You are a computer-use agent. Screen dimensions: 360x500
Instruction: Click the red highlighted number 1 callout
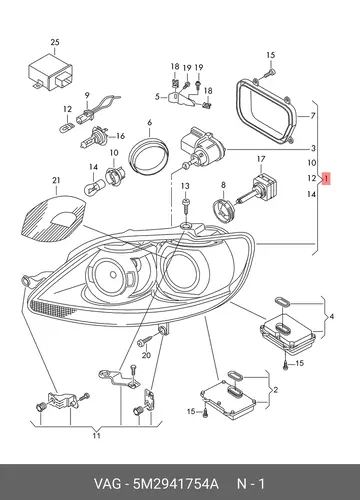pyautogui.click(x=326, y=179)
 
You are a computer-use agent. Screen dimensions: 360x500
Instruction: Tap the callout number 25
pyautogui.click(x=55, y=42)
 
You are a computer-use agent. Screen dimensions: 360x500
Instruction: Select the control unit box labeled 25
pyautogui.click(x=50, y=73)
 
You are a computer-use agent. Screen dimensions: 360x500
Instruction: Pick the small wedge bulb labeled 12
pyautogui.click(x=66, y=127)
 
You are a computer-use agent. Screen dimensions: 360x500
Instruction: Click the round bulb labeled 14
pyautogui.click(x=94, y=185)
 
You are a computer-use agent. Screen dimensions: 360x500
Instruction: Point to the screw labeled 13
pyautogui.click(x=185, y=206)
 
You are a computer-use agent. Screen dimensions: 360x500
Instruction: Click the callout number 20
pyautogui.click(x=146, y=355)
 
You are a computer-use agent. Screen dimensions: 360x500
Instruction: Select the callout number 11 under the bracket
pyautogui.click(x=96, y=436)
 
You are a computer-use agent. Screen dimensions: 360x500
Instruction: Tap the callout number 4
pyautogui.click(x=331, y=316)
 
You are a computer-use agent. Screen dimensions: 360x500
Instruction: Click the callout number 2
pyautogui.click(x=275, y=390)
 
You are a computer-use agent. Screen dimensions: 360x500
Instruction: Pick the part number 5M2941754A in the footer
pyautogui.click(x=176, y=484)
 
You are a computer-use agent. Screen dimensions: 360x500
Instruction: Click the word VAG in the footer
pyautogui.click(x=107, y=484)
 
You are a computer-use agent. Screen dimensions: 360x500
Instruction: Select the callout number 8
pyautogui.click(x=223, y=185)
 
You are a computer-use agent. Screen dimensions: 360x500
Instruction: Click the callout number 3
pyautogui.click(x=313, y=148)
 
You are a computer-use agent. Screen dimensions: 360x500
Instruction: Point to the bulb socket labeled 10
pyautogui.click(x=115, y=175)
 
